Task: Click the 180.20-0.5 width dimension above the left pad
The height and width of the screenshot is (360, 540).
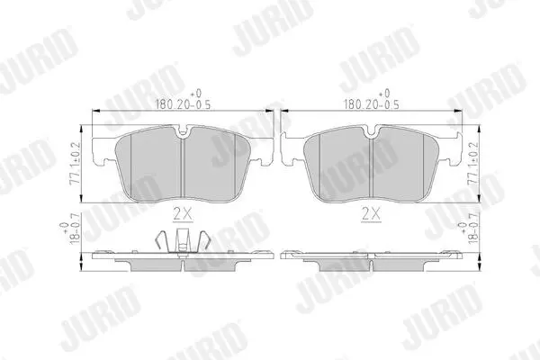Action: point(184,99)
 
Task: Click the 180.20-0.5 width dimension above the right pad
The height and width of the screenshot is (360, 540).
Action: point(372,99)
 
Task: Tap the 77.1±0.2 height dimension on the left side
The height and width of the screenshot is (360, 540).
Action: point(75,164)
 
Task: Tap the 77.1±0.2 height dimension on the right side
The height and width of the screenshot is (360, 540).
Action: point(473,164)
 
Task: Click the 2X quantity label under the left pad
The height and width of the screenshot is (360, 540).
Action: point(183,214)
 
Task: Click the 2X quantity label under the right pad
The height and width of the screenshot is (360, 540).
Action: point(371,214)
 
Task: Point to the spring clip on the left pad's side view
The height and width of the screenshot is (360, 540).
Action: point(183,241)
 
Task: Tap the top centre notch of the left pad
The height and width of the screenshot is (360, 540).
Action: point(183,131)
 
